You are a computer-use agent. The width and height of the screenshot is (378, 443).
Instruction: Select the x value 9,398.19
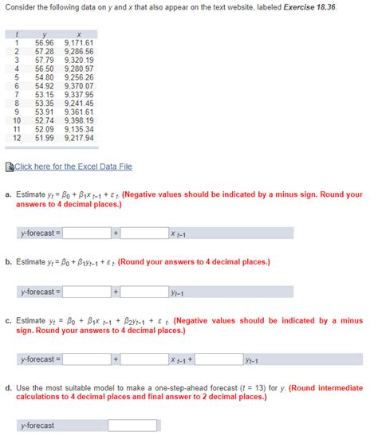tap(78, 120)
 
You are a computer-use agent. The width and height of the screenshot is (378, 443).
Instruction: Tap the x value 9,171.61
tap(78, 42)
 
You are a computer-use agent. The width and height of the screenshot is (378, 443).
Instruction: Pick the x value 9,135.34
tap(78, 129)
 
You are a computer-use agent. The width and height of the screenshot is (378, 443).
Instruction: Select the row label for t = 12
tap(16, 138)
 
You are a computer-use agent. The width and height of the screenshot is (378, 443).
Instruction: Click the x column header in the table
tap(78, 33)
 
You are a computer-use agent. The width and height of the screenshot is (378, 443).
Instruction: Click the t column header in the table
tap(16, 33)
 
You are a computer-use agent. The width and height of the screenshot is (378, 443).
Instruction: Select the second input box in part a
tap(144, 233)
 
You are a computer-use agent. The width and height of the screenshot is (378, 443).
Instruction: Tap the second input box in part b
tap(144, 292)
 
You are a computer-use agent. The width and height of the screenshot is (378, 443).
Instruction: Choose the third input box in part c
tap(219, 359)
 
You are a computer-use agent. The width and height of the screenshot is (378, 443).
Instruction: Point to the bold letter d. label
tap(7, 388)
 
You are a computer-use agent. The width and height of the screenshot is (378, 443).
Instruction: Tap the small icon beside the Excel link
tap(9, 167)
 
